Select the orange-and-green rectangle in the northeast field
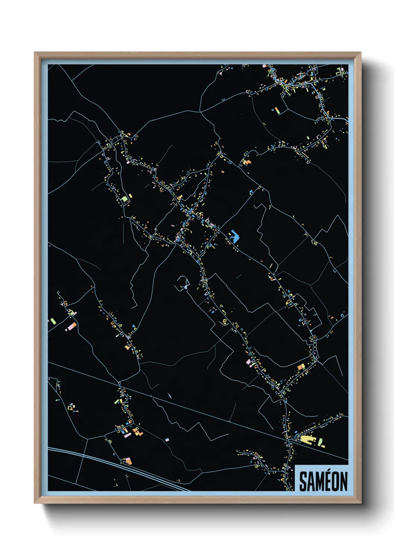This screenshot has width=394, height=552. click(276, 110)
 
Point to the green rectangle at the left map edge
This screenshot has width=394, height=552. click(53, 320)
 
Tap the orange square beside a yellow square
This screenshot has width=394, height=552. click(301, 367)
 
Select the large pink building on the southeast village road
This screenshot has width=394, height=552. click(249, 361)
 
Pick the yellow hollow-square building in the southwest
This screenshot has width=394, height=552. click(70, 408)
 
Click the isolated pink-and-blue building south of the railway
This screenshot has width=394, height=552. click(166, 440)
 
